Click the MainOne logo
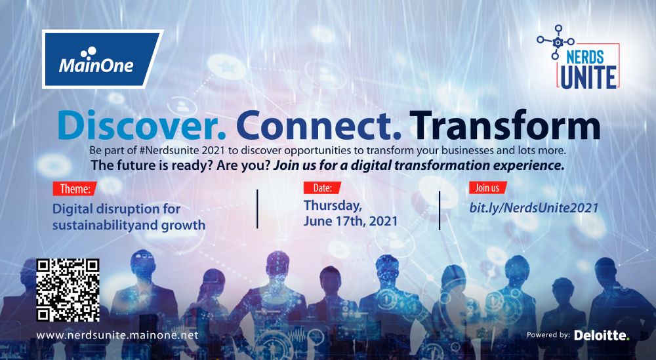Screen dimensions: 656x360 point(102,60)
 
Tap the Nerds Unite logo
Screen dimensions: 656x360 point(579,57)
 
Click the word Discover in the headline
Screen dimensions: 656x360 point(142,125)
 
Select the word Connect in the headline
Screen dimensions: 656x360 point(318,125)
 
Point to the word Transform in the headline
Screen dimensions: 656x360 point(505,125)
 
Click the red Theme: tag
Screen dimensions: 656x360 point(75,189)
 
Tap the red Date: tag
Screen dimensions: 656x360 point(322,188)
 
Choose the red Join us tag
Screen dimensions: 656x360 point(487,188)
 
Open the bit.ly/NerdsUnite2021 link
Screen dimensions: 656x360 point(534,208)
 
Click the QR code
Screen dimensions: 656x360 point(68,290)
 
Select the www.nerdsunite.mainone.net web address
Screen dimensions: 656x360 point(117,335)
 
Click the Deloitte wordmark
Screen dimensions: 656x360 point(602,335)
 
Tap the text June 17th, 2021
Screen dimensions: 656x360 point(350,221)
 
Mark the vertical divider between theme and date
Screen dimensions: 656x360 point(257,209)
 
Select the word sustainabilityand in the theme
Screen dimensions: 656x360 point(104,225)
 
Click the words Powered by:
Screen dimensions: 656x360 point(548,335)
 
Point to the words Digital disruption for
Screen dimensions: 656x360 point(116,209)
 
